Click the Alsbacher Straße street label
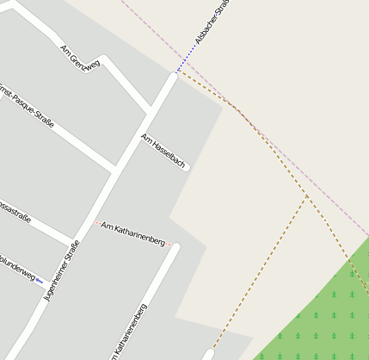coord(211,23)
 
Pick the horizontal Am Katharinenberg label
coord(132,233)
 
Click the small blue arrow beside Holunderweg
coord(40,281)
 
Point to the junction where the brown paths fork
coord(307,197)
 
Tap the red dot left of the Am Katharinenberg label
coord(96,223)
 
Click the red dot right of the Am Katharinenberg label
coord(170,244)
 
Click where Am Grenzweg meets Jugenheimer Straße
coord(151,110)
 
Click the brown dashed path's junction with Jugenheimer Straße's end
coord(176,73)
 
